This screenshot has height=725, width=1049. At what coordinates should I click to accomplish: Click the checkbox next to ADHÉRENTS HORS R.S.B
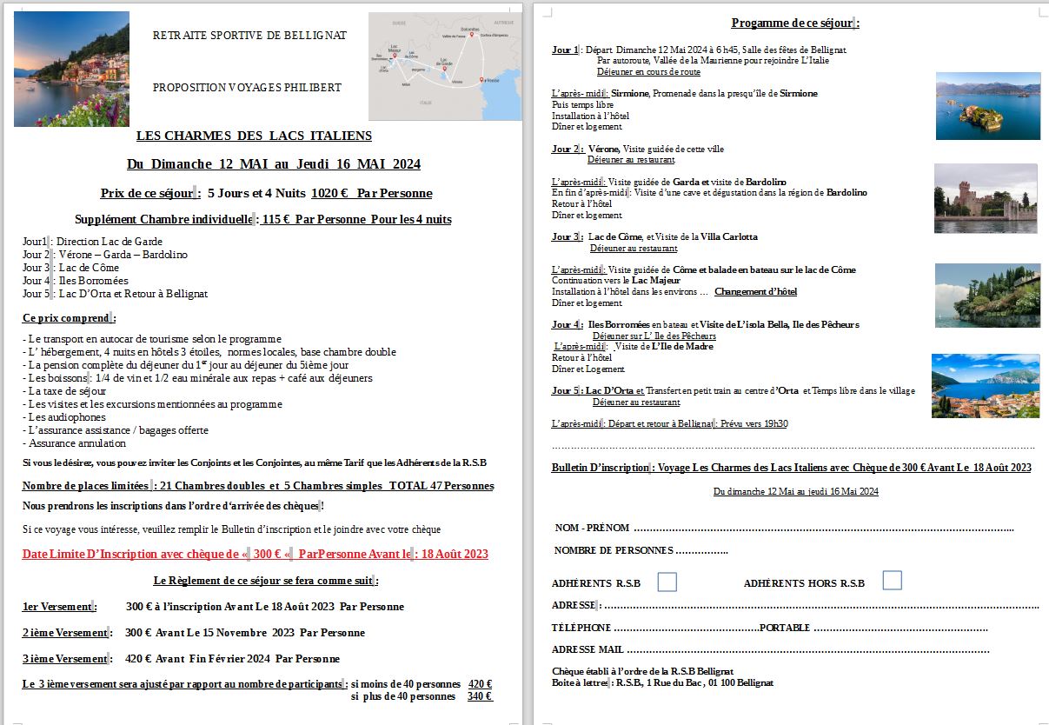(892, 581)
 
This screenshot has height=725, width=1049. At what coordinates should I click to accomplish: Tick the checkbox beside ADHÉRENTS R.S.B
(667, 582)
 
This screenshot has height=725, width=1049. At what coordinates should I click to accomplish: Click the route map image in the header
(446, 66)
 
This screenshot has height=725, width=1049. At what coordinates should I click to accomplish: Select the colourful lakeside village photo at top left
(72, 69)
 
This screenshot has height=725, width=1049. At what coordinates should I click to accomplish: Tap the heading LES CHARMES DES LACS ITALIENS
(254, 136)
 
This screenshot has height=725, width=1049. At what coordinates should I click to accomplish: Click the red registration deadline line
(256, 555)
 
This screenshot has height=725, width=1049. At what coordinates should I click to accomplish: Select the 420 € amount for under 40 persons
(480, 684)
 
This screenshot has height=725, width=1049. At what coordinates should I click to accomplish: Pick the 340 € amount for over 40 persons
(480, 696)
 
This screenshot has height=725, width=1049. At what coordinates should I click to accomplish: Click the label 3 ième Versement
(64, 659)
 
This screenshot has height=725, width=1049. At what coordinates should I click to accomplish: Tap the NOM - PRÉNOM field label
(592, 529)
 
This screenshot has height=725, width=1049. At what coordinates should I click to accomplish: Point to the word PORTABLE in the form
(785, 628)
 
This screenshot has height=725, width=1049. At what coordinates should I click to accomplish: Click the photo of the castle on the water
(986, 198)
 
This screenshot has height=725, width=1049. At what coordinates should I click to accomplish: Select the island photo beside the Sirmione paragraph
(987, 106)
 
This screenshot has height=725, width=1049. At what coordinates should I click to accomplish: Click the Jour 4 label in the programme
(566, 325)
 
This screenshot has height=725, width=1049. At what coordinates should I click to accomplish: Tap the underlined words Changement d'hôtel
(755, 292)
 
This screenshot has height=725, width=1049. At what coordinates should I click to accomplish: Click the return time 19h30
(774, 424)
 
